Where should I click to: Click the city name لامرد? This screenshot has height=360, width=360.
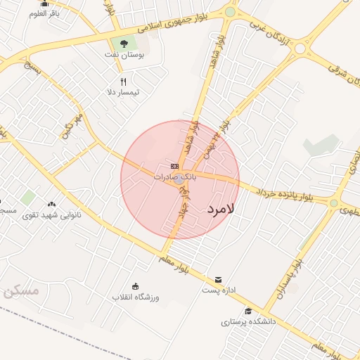pos(220,209)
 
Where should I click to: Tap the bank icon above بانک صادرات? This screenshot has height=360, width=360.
pos(175,166)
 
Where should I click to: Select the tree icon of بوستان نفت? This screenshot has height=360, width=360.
pos(124,44)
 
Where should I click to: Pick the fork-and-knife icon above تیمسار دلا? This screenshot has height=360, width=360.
pos(124,82)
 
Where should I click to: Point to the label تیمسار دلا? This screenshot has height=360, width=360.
pos(124,92)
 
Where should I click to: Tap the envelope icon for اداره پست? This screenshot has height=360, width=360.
pos(218,280)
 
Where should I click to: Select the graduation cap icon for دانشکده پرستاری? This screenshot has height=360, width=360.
pos(247,311)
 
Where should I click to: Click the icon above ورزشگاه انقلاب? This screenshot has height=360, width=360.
pos(136,286)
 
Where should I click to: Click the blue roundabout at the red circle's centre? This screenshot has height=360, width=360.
pos(180,179)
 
